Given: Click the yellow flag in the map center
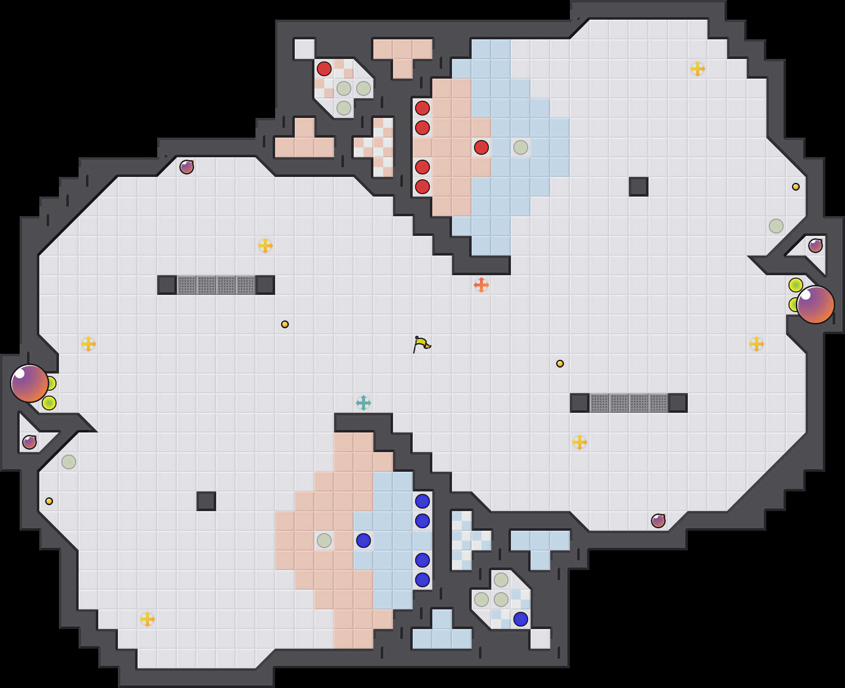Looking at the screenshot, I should click(421, 344).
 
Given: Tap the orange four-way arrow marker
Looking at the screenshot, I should click(481, 285).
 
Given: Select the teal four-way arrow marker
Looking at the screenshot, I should click(364, 403).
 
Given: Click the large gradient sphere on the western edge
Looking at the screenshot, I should click(29, 383).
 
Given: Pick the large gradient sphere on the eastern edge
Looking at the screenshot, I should click(816, 305).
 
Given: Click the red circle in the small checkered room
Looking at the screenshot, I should click(324, 69).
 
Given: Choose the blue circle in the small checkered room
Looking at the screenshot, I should click(521, 619).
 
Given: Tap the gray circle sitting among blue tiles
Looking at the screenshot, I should click(521, 147).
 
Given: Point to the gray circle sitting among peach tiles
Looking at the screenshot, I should click(324, 541).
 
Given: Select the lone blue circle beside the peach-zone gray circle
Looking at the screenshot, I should click(364, 541).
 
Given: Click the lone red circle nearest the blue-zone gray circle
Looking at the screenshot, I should click(481, 147).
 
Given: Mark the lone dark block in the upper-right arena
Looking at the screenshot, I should click(639, 187).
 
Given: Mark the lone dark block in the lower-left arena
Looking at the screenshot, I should click(206, 501).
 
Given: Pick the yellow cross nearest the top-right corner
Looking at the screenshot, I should click(698, 69).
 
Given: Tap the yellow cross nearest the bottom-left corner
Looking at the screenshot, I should click(147, 619).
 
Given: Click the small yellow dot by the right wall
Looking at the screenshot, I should click(796, 187).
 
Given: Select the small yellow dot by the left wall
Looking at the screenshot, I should click(49, 501).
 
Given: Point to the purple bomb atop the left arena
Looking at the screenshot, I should click(187, 167).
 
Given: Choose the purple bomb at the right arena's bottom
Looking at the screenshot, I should click(658, 521).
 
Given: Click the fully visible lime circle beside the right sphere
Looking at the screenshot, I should click(796, 285).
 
